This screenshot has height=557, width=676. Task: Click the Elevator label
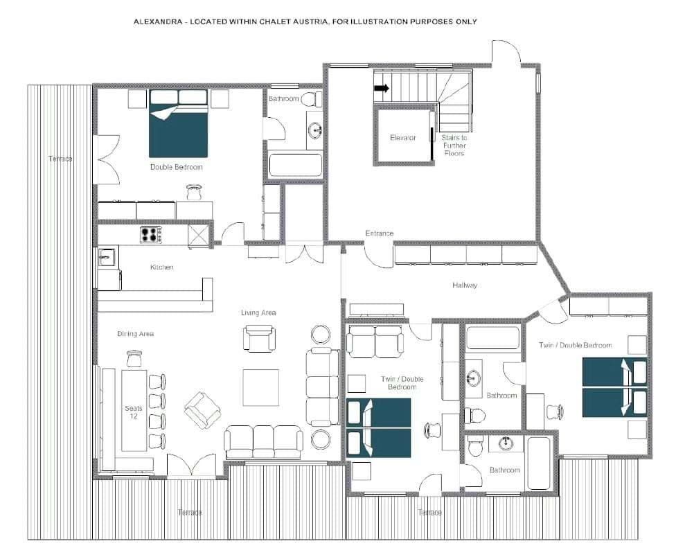(x=402, y=138)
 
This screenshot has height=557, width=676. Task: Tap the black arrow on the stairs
(x=382, y=88)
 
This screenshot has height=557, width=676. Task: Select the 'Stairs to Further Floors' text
(x=454, y=145)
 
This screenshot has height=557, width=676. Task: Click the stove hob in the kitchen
(x=150, y=235)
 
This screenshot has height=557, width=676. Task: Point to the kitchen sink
(x=105, y=257)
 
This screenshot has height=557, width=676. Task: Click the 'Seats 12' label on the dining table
(x=133, y=412)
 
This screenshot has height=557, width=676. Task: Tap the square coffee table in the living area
(x=260, y=387)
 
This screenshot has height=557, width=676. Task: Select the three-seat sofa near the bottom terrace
(x=263, y=441)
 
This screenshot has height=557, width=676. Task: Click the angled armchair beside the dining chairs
(x=202, y=410)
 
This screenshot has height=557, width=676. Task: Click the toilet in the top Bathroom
(x=312, y=99)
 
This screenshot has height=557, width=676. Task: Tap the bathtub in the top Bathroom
(x=296, y=166)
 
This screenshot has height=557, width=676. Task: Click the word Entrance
(x=379, y=233)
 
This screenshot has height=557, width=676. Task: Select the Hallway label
(x=465, y=285)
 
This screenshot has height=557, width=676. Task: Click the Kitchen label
(x=162, y=267)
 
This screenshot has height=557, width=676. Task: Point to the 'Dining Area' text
(x=136, y=334)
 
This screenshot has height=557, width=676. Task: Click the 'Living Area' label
(x=258, y=313)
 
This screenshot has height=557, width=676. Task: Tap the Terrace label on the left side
(x=60, y=159)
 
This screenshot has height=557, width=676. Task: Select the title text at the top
(x=305, y=21)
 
